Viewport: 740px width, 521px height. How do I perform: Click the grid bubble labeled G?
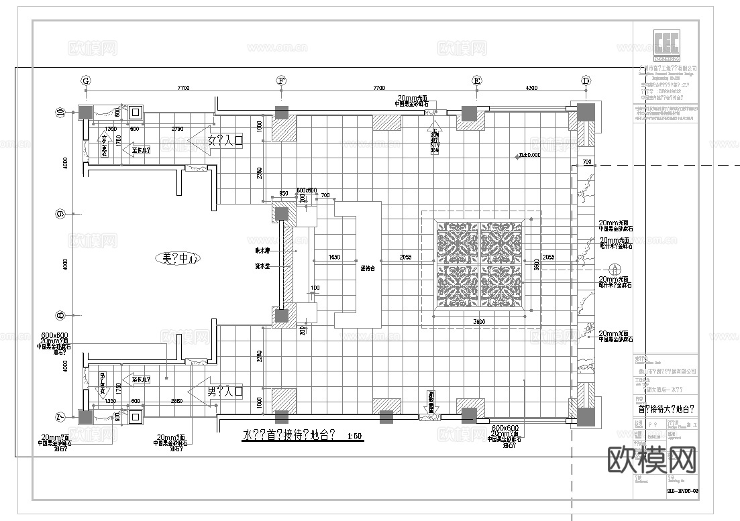point(86,80)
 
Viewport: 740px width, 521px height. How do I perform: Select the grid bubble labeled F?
point(282,80)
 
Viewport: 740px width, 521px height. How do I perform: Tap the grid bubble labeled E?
point(477,80)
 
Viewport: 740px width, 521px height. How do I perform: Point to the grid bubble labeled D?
point(586,80)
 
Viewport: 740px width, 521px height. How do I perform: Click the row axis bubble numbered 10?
point(60,113)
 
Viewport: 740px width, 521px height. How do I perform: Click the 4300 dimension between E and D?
point(531,88)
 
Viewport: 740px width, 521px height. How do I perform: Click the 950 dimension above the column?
point(284,194)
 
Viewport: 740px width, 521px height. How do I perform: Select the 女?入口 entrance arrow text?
point(224,141)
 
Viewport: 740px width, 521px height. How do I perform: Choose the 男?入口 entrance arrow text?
point(224,391)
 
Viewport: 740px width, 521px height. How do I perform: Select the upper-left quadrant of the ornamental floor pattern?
point(458,243)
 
